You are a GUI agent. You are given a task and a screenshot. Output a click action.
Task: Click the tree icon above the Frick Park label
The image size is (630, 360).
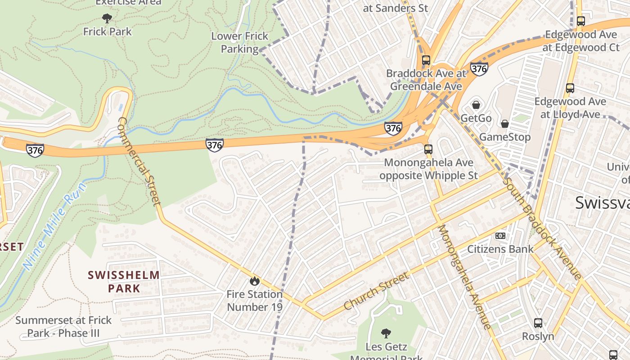tap(107, 18)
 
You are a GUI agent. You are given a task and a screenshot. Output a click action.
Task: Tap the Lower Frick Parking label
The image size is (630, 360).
tap(240, 42)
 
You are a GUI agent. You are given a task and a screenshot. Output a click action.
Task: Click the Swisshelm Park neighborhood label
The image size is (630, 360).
tap(124, 282)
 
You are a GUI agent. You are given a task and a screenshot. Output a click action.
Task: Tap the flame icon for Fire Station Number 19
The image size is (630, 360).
tap(255, 281)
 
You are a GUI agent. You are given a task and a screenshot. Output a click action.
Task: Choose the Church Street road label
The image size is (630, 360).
tap(377, 291)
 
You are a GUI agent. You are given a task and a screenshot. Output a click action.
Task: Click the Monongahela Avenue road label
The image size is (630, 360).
tap(464, 277)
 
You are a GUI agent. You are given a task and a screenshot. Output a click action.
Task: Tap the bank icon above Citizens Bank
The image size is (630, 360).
tap(500, 236)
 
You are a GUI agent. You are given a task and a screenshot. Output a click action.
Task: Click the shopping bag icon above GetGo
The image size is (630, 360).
tap(476, 105)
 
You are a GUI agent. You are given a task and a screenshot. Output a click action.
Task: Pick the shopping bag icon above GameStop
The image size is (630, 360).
tap(505, 124)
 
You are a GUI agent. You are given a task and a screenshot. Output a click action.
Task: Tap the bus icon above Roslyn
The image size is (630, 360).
tap(538, 323)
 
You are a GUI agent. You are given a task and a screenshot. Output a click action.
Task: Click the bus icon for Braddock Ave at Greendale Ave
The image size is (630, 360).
tap(426, 60)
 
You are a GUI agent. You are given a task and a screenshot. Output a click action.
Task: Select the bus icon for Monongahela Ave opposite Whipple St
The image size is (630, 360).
tap(428, 149)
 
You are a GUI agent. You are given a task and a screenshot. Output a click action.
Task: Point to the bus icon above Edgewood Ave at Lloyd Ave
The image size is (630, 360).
tap(570, 88)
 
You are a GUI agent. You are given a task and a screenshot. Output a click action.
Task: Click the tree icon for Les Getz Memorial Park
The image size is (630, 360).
tap(386, 333)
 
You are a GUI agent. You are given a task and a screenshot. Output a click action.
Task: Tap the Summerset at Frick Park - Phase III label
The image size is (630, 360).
tap(63, 327)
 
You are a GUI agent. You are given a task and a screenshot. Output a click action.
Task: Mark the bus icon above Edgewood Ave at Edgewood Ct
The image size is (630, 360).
tap(581, 21)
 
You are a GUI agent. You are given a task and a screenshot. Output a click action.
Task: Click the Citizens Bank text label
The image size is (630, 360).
tap(500, 249)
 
